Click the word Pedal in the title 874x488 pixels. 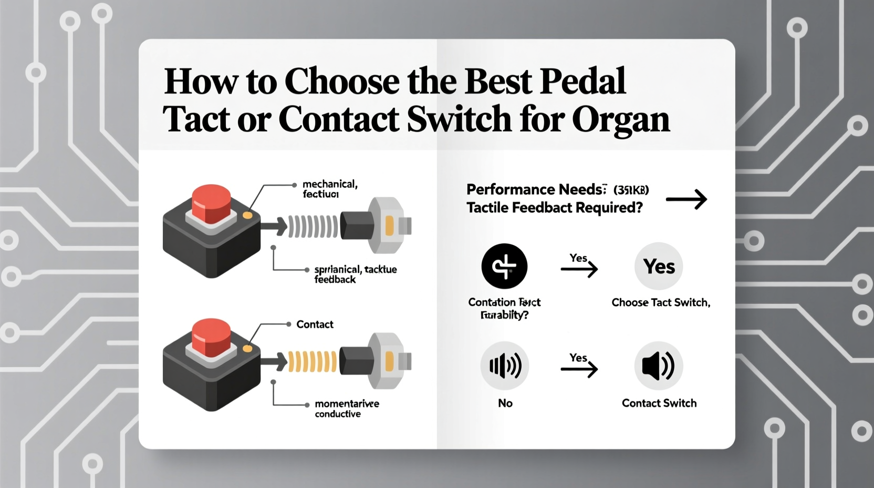[582, 82]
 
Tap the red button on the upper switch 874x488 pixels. [211, 202]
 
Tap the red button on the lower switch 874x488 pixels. [211, 337]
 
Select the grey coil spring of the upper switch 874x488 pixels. [313, 227]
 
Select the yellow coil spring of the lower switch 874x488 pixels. [313, 361]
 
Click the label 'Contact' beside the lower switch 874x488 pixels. [315, 324]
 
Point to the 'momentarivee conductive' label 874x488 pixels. [346, 409]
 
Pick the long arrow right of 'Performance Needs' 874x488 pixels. [686, 199]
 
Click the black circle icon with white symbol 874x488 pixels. [504, 266]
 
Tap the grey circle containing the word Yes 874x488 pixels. [659, 266]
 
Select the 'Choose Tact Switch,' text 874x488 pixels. [660, 302]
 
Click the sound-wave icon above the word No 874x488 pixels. [504, 366]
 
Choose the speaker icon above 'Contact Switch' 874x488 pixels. [659, 366]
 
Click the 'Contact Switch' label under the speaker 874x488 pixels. [659, 403]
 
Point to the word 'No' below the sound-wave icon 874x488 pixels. [505, 403]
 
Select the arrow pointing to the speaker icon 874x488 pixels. [579, 369]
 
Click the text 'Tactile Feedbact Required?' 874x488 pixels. [554, 208]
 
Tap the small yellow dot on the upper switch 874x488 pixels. [247, 215]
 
